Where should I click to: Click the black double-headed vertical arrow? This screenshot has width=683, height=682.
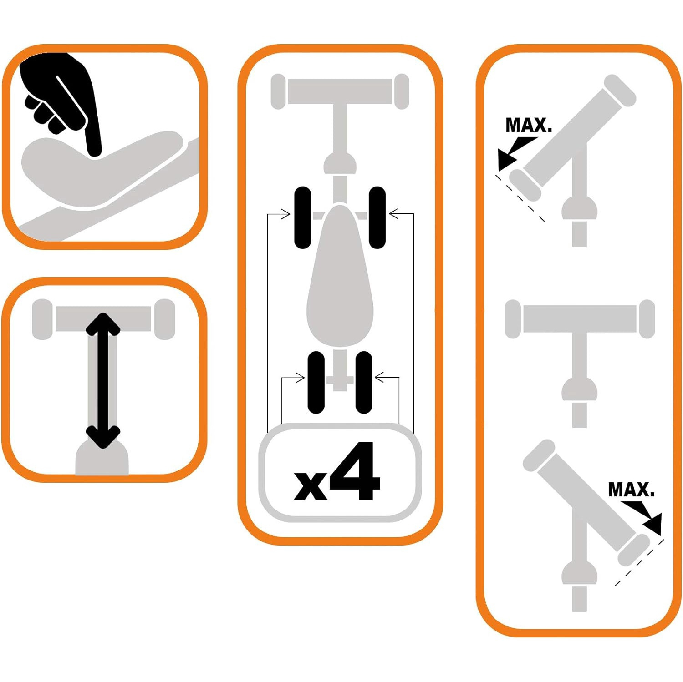pyautogui.click(x=103, y=380)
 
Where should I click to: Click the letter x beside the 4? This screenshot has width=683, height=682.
pyautogui.click(x=311, y=485)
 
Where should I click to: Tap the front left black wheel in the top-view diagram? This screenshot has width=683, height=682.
pyautogui.click(x=303, y=217)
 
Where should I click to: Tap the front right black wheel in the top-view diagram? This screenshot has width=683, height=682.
pyautogui.click(x=377, y=217)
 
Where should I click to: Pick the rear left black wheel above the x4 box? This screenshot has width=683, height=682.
pyautogui.click(x=316, y=382)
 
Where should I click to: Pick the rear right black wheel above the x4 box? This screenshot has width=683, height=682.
pyautogui.click(x=364, y=382)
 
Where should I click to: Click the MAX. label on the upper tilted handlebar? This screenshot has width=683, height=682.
pyautogui.click(x=529, y=125)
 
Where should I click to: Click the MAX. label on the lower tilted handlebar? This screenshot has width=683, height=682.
pyautogui.click(x=632, y=490)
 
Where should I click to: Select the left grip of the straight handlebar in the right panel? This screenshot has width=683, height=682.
pyautogui.click(x=513, y=319)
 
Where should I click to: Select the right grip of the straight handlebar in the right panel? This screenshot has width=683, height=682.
pyautogui.click(x=647, y=319)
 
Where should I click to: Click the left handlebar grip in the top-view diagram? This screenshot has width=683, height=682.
pyautogui.click(x=278, y=91)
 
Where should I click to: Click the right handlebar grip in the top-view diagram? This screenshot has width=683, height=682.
pyautogui.click(x=401, y=91)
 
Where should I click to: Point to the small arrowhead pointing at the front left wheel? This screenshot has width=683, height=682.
pyautogui.click(x=285, y=214)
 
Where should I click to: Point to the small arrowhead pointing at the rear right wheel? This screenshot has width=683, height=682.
pyautogui.click(x=379, y=377)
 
